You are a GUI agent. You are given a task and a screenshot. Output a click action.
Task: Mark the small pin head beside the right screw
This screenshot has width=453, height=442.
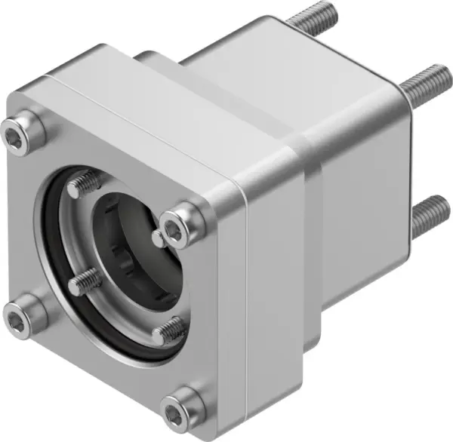click(156, 238)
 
